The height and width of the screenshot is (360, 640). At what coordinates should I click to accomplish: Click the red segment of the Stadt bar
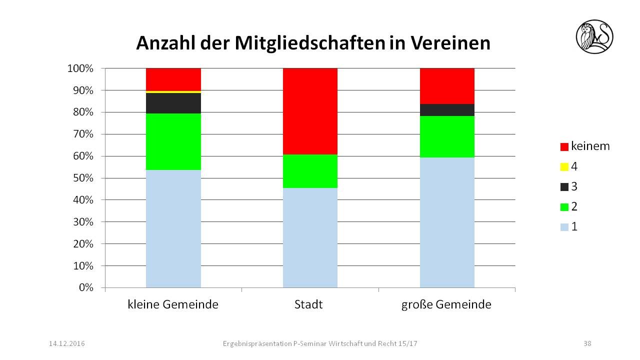pyautogui.click(x=310, y=111)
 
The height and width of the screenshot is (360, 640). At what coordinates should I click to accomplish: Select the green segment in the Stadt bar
pyautogui.click(x=310, y=171)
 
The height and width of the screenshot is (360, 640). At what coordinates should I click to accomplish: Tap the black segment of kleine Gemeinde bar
pyautogui.click(x=173, y=103)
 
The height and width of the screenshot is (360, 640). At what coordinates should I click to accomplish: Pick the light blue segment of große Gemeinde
pyautogui.click(x=447, y=222)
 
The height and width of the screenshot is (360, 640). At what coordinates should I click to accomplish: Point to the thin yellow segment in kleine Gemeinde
pyautogui.click(x=173, y=92)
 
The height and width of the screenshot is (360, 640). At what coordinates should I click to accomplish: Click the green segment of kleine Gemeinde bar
pyautogui.click(x=173, y=141)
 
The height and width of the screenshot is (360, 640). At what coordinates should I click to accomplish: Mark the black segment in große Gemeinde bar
pyautogui.click(x=447, y=110)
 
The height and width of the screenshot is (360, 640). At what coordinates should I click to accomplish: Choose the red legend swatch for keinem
pyautogui.click(x=564, y=147)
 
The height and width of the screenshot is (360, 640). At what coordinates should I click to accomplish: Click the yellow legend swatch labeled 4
pyautogui.click(x=564, y=166)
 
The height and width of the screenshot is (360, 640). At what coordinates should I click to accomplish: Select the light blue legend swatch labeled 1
pyautogui.click(x=564, y=227)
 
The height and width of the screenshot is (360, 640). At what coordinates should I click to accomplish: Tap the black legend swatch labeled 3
pyautogui.click(x=564, y=187)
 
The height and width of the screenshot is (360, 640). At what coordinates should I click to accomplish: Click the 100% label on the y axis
pyautogui.click(x=81, y=68)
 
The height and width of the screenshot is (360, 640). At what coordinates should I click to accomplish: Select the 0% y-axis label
pyautogui.click(x=86, y=288)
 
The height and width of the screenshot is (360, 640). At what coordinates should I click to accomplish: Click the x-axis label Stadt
pyautogui.click(x=308, y=304)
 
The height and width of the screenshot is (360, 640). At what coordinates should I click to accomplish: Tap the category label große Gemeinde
pyautogui.click(x=446, y=304)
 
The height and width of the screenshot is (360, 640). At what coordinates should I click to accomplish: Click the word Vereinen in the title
pyautogui.click(x=450, y=43)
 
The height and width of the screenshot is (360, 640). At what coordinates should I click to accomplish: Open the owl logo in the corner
pyautogui.click(x=594, y=36)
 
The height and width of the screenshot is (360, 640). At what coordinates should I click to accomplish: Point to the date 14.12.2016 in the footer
pyautogui.click(x=66, y=343)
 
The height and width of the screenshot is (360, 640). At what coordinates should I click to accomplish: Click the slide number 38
pyautogui.click(x=587, y=343)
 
